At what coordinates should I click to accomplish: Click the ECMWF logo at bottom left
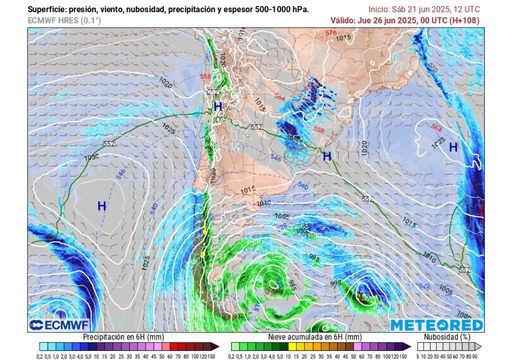pyautogui.click(x=48, y=324)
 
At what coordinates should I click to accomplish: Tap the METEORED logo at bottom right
pyautogui.click(x=436, y=325)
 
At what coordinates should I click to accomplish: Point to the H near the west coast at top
pyautogui.click(x=217, y=106)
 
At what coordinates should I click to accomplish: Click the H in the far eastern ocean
pyautogui.click(x=453, y=147)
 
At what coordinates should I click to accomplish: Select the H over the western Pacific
pyautogui.click(x=101, y=205)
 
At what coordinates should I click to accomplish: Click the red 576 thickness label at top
pyautogui.click(x=331, y=33)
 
